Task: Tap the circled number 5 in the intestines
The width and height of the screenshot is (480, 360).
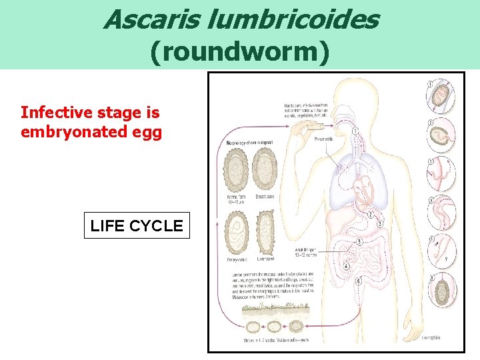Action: click(360, 242)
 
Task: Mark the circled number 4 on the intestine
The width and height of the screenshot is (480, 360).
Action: click(346, 267)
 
